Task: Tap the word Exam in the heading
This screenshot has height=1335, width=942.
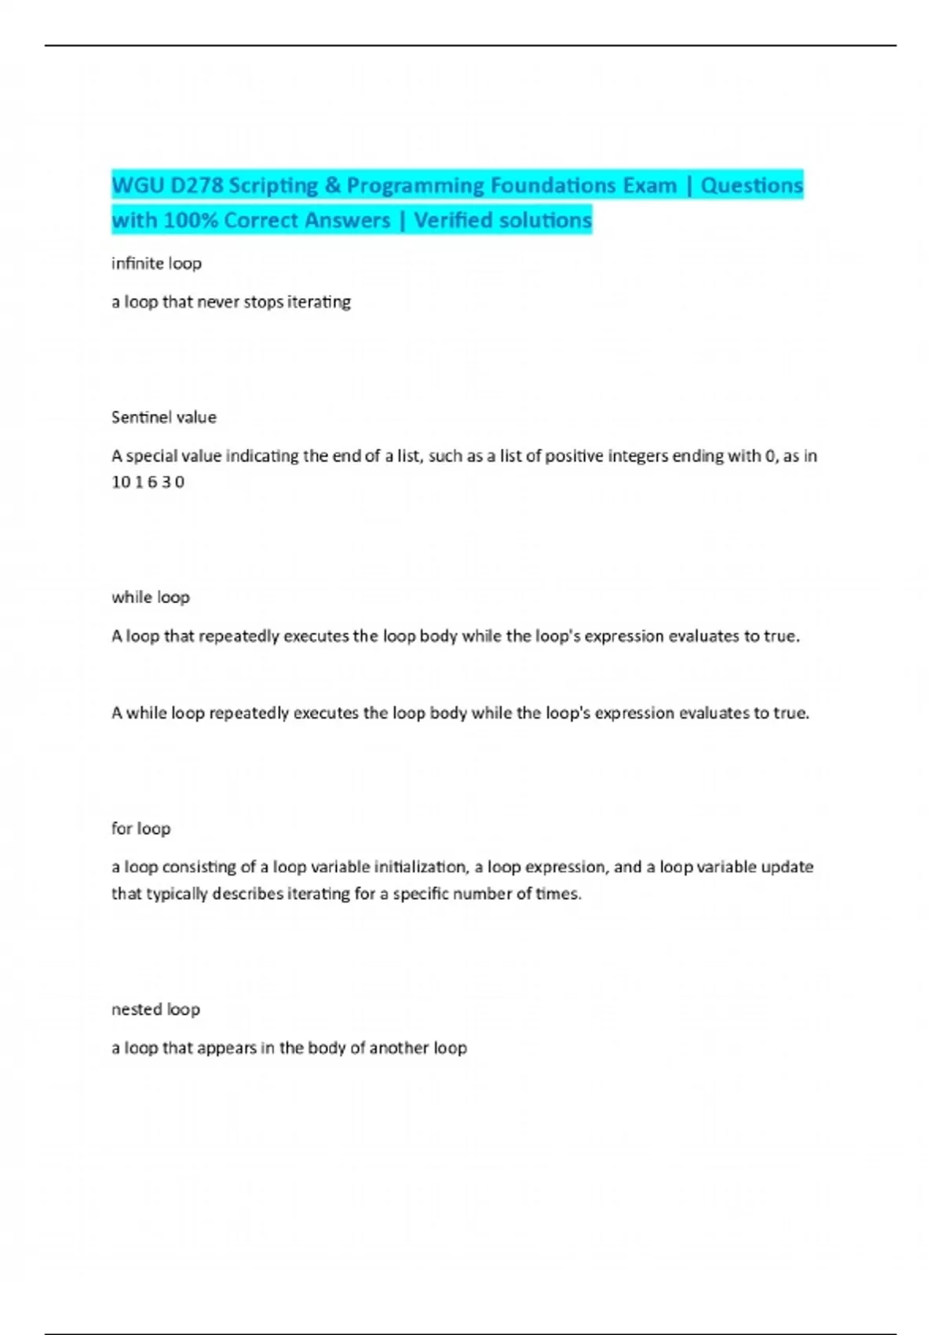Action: (650, 185)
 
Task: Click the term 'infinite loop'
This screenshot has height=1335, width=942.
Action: (156, 263)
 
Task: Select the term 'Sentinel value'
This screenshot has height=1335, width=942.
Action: (163, 417)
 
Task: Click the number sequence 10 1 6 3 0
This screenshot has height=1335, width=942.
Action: (148, 482)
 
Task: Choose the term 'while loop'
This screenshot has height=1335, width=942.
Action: (151, 597)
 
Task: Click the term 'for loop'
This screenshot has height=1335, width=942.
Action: (141, 828)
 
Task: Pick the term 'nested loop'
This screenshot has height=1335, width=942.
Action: (155, 1009)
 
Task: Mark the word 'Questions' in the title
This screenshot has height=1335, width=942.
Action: (751, 185)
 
